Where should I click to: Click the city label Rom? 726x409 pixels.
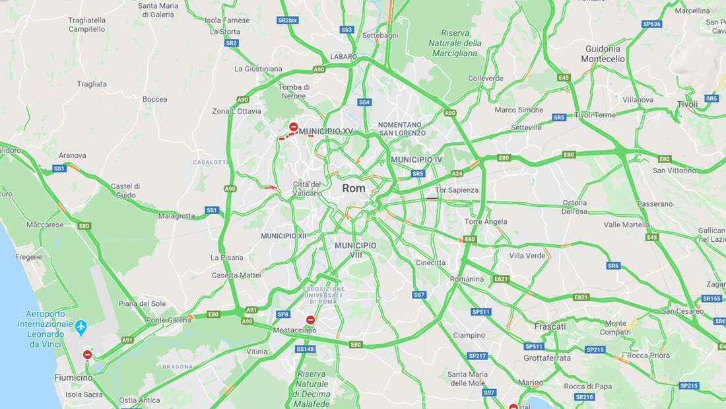pyautogui.click(x=354, y=188)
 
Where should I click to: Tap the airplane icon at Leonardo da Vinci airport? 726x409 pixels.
pyautogui.click(x=81, y=326)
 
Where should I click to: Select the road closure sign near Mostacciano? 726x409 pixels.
pyautogui.click(x=310, y=320)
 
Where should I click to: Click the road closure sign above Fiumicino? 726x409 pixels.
pyautogui.click(x=88, y=355)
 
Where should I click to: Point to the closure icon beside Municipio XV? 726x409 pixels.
pyautogui.click(x=294, y=126)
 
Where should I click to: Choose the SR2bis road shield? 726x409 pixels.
pyautogui.click(x=288, y=20)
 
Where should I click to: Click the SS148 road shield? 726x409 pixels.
pyautogui.click(x=305, y=349)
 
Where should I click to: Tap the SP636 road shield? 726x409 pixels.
pyautogui.click(x=651, y=24)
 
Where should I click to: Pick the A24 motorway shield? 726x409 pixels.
pyautogui.click(x=457, y=174)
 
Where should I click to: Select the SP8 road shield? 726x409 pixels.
pyautogui.click(x=283, y=315)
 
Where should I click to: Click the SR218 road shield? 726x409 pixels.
pyautogui.click(x=584, y=397)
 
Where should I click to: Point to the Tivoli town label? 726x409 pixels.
pyautogui.click(x=687, y=104)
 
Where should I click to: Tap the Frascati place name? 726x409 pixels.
pyautogui.click(x=550, y=326)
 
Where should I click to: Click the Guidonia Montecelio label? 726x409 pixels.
pyautogui.click(x=603, y=54)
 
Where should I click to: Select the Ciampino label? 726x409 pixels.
pyautogui.click(x=469, y=335)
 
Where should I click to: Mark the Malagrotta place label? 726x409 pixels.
pyautogui.click(x=176, y=216)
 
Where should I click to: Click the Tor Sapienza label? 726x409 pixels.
pyautogui.click(x=457, y=190)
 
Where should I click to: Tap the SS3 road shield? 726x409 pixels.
pyautogui.click(x=346, y=30)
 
